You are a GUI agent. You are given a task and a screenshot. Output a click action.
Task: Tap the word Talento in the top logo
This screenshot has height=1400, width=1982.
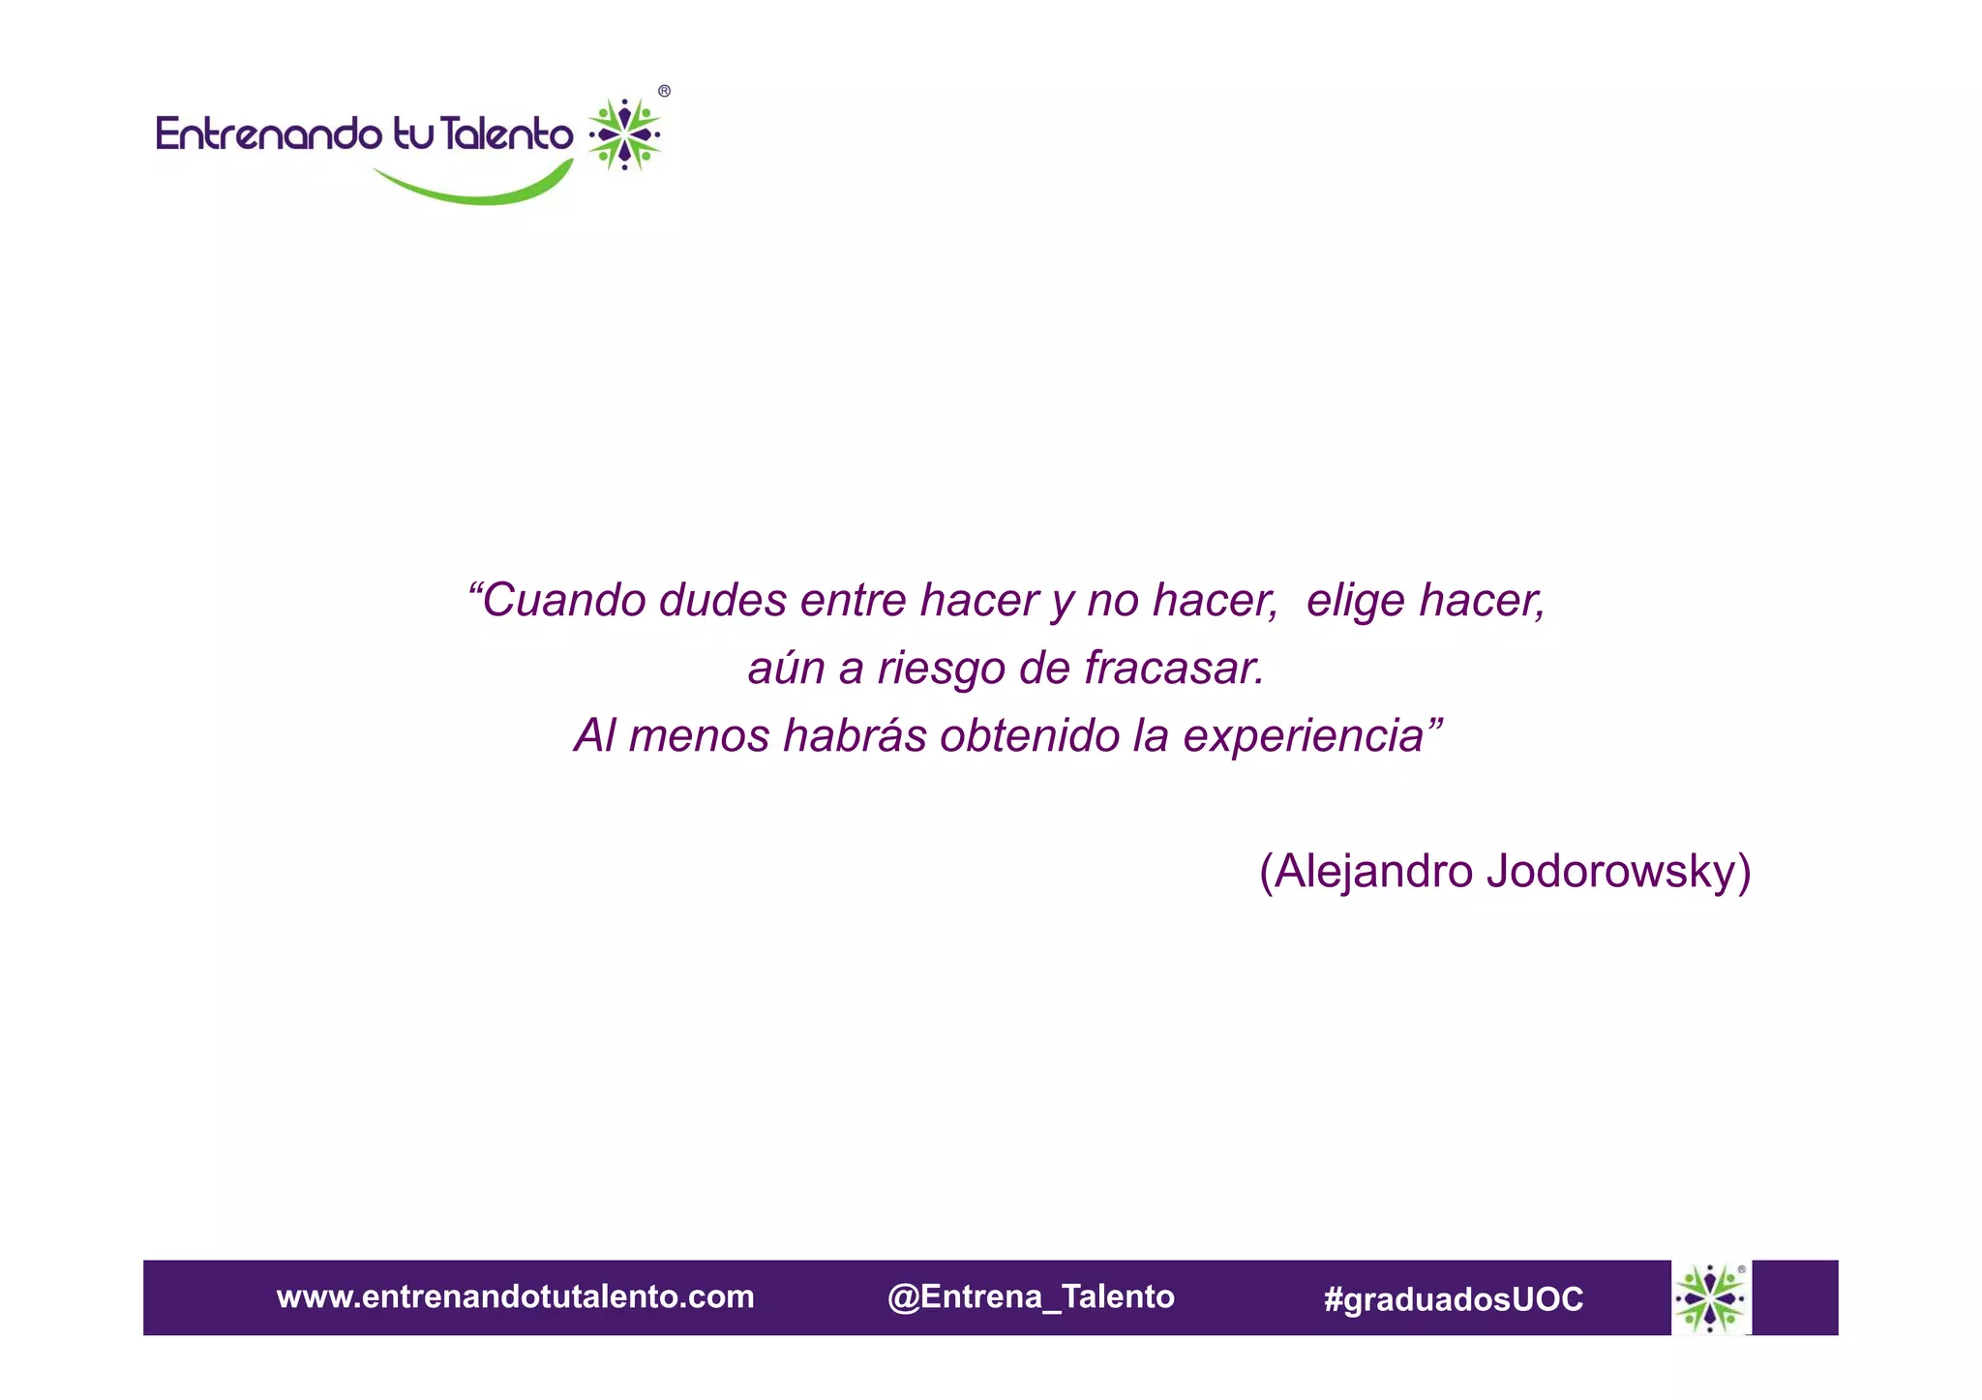(x=505, y=134)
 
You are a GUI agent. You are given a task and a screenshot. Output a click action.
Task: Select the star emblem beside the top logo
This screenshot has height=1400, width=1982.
(x=625, y=134)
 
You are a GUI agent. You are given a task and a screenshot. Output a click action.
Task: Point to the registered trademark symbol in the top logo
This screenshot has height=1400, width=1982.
(x=664, y=92)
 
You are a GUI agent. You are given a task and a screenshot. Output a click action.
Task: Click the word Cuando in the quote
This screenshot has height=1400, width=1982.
(x=564, y=601)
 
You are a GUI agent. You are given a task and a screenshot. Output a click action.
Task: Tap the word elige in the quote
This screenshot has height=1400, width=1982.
(x=1354, y=601)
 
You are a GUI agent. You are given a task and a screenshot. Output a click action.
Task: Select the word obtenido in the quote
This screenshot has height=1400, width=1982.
(x=1029, y=736)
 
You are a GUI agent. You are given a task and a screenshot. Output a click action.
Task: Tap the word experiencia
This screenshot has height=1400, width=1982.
(x=1306, y=736)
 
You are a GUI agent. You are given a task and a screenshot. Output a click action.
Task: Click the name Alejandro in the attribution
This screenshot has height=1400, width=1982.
(x=1373, y=872)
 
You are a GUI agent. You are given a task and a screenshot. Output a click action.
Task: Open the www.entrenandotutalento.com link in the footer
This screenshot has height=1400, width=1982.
(x=515, y=1297)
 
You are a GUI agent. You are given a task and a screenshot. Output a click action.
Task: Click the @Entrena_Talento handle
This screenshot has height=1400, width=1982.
(x=1031, y=1297)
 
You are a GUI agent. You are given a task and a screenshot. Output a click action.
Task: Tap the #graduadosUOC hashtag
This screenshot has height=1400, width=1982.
(x=1454, y=1299)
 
